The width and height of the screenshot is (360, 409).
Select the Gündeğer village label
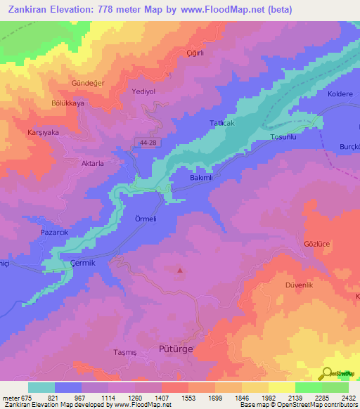point(88,83)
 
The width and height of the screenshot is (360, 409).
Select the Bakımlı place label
point(201,178)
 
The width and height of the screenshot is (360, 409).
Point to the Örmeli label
point(148,219)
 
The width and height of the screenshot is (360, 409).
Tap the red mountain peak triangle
point(180,270)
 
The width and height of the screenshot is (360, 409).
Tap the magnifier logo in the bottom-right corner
point(327,373)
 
